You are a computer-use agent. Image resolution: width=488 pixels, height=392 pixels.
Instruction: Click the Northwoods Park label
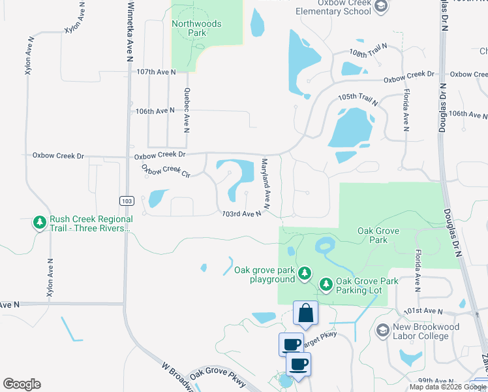tap(196, 28)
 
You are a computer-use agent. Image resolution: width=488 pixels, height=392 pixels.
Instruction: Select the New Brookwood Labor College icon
tap(382, 331)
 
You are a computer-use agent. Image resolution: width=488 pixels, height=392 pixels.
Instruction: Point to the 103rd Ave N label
tap(241, 213)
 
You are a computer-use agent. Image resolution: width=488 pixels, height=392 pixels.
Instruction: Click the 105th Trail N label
tap(358, 99)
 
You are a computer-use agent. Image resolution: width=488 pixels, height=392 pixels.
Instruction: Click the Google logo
tap(22, 384)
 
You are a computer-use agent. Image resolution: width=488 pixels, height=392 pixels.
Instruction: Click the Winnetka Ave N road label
tap(130, 29)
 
